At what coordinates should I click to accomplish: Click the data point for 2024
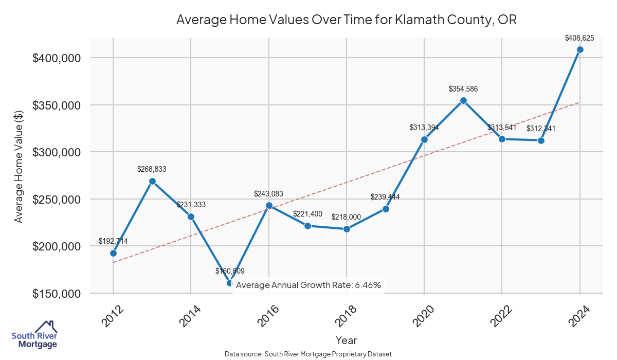[580, 49]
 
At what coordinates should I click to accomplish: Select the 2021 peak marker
[463, 100]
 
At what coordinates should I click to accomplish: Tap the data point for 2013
[152, 181]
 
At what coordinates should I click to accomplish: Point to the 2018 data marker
[347, 229]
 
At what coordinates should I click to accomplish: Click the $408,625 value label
[579, 38]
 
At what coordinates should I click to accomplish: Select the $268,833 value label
[152, 169]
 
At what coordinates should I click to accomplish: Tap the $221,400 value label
[307, 213]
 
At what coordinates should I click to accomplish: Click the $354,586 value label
[463, 89]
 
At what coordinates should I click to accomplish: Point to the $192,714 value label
[113, 241]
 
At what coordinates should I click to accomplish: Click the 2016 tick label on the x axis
[266, 315]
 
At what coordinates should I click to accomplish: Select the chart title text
[346, 20]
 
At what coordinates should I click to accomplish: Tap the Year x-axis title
[346, 340]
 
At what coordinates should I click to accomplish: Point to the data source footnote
[308, 354]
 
